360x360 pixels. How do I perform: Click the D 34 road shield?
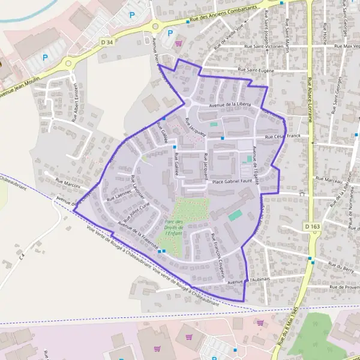[106, 41]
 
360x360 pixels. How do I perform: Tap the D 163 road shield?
[313, 226]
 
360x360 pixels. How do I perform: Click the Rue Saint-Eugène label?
[256, 70]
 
